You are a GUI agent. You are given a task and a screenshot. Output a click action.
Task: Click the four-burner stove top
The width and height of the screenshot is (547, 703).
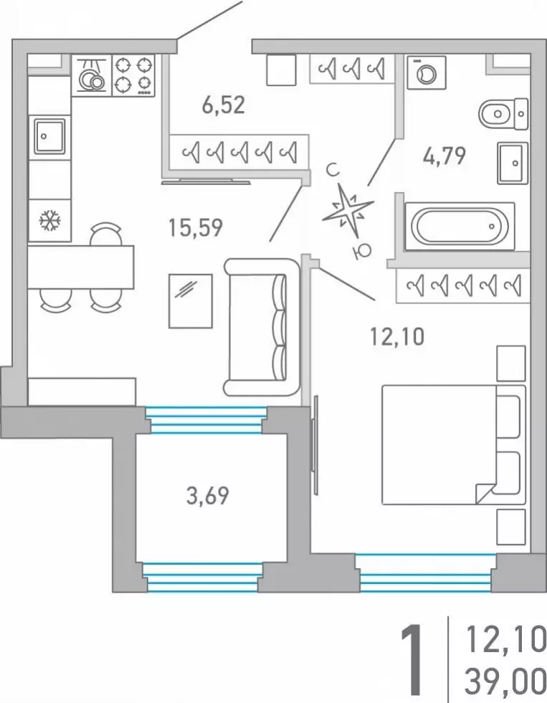point(133,75)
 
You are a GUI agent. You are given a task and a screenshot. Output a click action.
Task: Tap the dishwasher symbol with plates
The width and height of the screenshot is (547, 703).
point(91,75)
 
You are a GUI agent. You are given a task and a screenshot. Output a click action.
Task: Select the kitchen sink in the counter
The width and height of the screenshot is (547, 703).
point(49,136)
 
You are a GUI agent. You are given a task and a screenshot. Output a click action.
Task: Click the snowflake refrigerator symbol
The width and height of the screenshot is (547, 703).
point(49,221)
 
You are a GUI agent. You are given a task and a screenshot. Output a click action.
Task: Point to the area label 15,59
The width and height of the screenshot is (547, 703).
point(195,227)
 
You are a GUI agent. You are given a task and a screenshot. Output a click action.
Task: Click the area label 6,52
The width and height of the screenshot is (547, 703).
point(223,105)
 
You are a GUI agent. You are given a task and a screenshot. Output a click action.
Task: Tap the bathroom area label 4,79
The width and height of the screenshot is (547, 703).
point(444,155)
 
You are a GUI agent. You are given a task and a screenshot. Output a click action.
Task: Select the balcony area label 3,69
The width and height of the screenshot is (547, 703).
point(207,496)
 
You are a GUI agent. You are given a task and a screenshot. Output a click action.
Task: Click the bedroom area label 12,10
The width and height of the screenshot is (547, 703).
point(397,336)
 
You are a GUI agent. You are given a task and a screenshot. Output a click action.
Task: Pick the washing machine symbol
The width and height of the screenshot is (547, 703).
point(426,72)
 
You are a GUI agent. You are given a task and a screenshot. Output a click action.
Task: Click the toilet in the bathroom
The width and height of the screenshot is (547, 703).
point(503,114)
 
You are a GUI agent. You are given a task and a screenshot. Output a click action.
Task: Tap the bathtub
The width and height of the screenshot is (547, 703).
point(460,226)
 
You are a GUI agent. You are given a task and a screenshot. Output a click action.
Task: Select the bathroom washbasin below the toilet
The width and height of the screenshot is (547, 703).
point(513,164)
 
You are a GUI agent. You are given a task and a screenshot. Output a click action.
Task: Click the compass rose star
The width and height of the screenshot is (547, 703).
point(348,211)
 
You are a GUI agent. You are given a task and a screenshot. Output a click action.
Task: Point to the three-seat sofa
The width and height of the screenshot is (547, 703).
point(262,327)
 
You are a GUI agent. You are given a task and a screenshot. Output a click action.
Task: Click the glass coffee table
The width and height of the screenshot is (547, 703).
point(191,301)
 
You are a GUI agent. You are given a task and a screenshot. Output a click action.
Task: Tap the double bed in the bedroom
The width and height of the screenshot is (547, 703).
point(453,445)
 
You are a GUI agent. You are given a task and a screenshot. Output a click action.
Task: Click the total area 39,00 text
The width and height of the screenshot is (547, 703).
point(505,681)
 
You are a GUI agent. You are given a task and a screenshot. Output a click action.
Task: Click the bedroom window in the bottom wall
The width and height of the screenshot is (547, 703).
point(427,573)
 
